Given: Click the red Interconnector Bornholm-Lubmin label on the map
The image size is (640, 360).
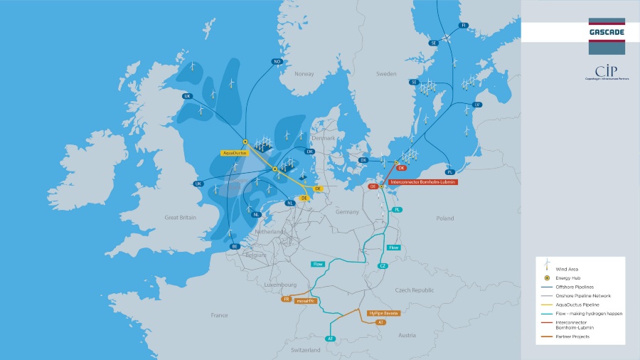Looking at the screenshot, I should click(423, 182).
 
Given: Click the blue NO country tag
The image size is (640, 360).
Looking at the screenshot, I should click(277, 61).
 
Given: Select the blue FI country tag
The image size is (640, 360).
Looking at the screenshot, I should click(464, 25).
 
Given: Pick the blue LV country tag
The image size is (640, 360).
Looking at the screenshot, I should click(477, 105).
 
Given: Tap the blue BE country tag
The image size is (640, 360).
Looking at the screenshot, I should click(235, 246).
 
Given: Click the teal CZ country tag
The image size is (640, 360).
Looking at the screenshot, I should click(382, 266).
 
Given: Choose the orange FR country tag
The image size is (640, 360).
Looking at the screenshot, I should click(287, 300).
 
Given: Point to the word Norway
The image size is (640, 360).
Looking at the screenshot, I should click(304, 74).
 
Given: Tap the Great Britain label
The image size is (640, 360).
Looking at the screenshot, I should click(181, 218).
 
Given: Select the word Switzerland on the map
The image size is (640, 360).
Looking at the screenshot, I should click(306, 350).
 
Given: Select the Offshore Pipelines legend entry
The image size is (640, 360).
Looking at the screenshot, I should click(576, 287).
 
